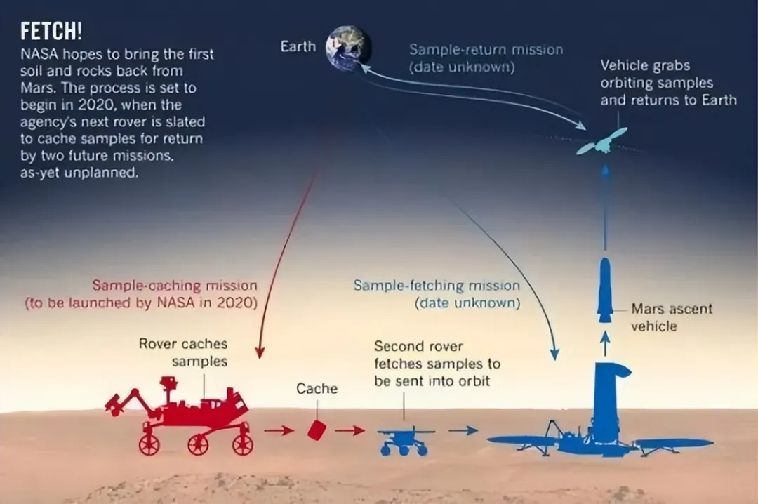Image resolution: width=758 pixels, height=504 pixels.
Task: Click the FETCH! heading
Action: tap(51, 32)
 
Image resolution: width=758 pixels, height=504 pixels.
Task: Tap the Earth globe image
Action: tap(348, 49)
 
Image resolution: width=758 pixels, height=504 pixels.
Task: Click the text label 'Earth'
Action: tap(298, 46)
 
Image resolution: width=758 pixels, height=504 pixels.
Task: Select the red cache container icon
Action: tap(317, 430)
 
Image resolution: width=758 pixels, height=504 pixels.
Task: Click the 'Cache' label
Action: tap(317, 389)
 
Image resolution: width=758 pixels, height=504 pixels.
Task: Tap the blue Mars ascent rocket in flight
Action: tap(605, 290)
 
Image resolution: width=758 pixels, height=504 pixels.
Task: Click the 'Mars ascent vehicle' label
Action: tap(672, 317)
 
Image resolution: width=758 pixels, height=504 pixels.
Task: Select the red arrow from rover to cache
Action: tap(279, 430)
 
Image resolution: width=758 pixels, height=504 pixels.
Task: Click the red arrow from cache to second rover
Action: tap(350, 430)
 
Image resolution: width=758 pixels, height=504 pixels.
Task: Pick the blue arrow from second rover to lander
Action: tap(463, 430)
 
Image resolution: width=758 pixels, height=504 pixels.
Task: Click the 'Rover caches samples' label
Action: tap(183, 352)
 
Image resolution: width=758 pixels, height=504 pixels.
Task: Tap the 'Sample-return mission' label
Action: tap(486, 58)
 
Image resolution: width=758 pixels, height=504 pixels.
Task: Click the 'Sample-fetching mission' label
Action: tap(437, 294)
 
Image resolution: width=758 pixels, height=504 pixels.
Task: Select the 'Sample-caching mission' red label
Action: tap(141, 294)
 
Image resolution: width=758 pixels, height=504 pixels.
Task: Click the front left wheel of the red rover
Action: tap(149, 444)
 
